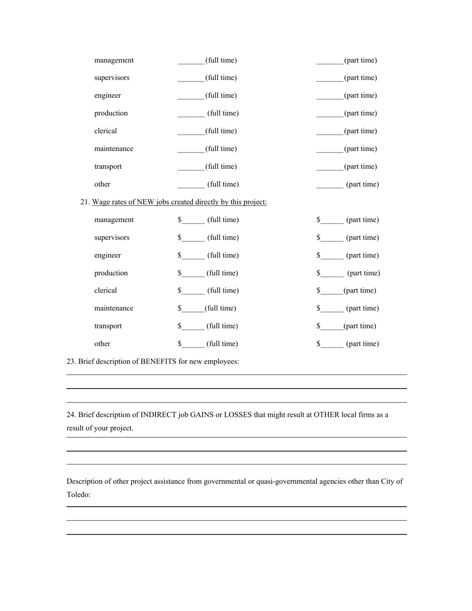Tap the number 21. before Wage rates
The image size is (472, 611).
pyautogui.click(x=85, y=202)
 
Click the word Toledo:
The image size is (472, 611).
pyautogui.click(x=79, y=495)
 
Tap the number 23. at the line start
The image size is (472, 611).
pyautogui.click(x=71, y=362)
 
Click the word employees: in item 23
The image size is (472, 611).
pyautogui.click(x=221, y=362)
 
